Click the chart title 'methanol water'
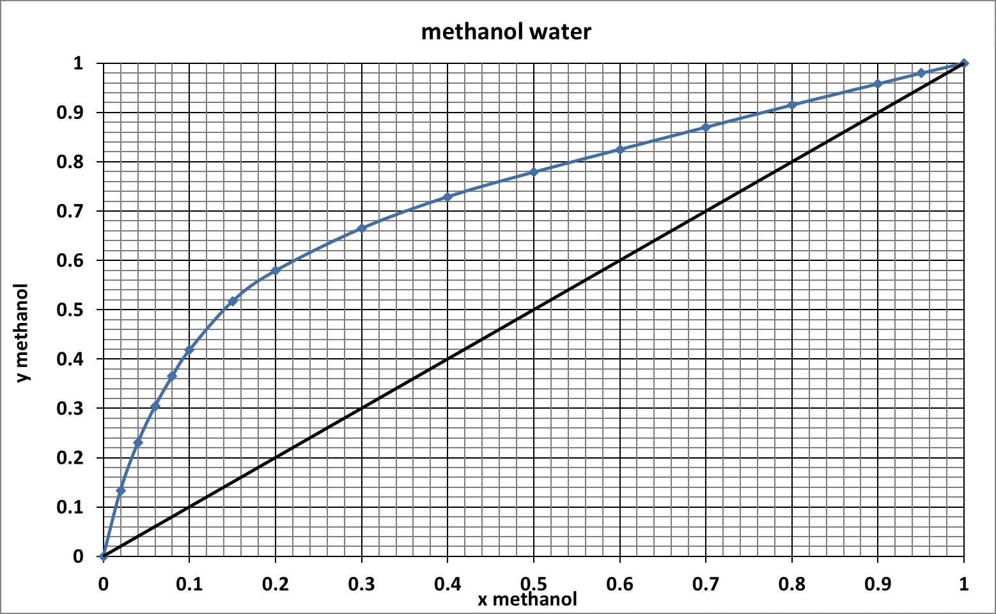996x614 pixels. [x=506, y=31]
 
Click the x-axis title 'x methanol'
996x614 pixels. [x=527, y=599]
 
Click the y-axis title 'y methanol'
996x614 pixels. [x=23, y=333]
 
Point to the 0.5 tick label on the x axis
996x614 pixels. [x=533, y=583]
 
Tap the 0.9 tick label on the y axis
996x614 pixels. [x=70, y=113]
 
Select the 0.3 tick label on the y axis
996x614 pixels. [x=70, y=409]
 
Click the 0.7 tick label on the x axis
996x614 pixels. [x=706, y=583]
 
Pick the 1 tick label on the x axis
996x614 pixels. [x=964, y=583]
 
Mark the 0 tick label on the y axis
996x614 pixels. [x=78, y=556]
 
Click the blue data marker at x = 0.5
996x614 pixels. [x=534, y=172]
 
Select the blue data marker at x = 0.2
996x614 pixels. [x=276, y=271]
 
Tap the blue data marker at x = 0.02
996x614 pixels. [x=121, y=491]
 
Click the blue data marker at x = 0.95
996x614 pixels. [x=921, y=73]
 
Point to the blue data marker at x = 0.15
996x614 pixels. [x=233, y=301]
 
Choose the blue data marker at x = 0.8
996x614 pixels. [x=792, y=105]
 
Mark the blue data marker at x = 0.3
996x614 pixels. [x=362, y=228]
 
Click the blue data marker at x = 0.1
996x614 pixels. [x=189, y=350]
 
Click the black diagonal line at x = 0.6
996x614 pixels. [x=620, y=260]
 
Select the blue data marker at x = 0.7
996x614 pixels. [x=706, y=127]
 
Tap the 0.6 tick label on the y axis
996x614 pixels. [x=70, y=260]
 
